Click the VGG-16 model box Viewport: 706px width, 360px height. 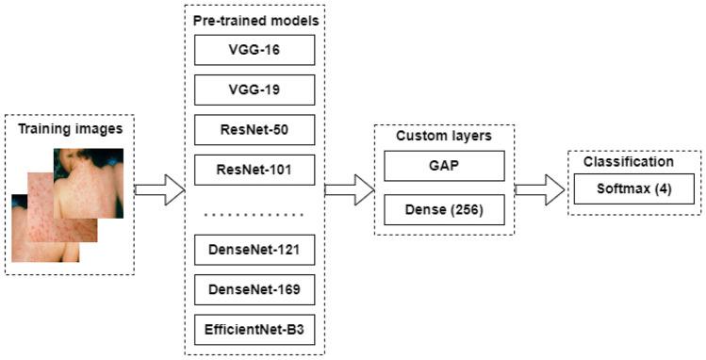click(x=254, y=50)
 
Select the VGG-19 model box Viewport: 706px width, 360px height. click(x=254, y=90)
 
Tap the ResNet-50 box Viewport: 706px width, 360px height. click(x=254, y=130)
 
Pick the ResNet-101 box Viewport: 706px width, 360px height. click(x=254, y=171)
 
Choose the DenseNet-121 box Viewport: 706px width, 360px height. click(x=254, y=251)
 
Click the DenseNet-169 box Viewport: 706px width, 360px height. click(x=254, y=290)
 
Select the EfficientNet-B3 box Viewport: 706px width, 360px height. click(x=254, y=330)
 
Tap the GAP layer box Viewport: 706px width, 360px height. click(x=444, y=169)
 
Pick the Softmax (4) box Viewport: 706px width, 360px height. click(x=633, y=188)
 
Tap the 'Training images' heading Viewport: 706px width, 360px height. click(x=70, y=127)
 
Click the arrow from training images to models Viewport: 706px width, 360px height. click(x=159, y=189)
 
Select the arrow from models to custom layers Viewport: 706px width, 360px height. click(x=349, y=189)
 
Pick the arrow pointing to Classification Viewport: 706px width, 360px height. click(x=539, y=189)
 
